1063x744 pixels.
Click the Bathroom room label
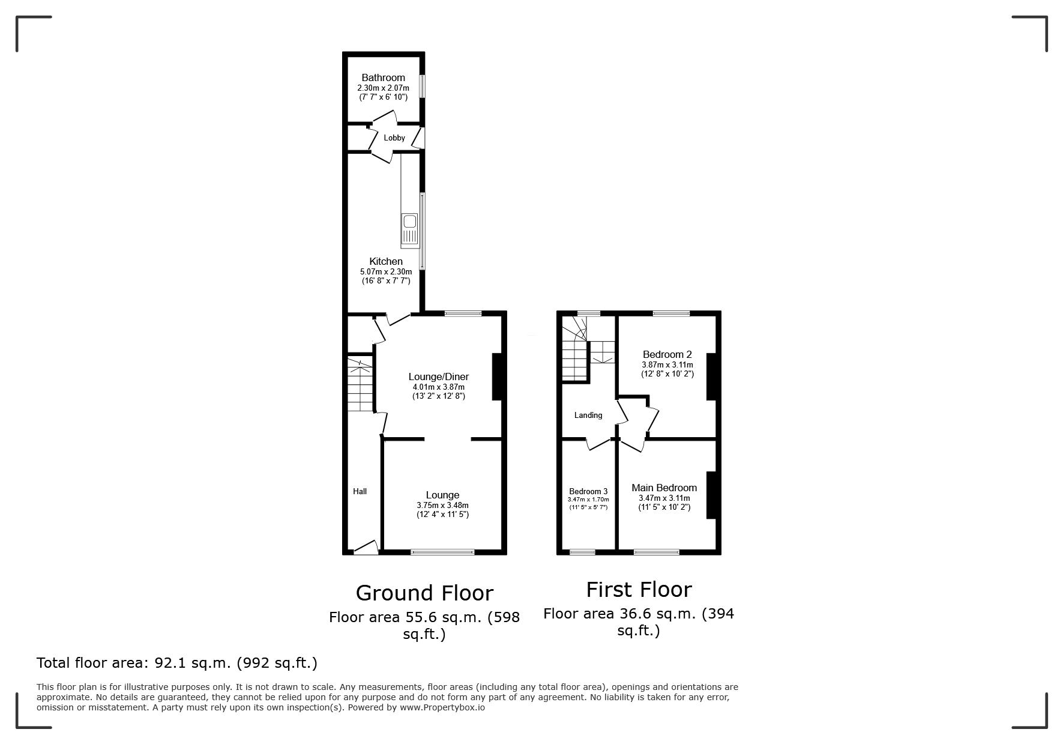[383, 77]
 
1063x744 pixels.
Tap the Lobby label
[394, 138]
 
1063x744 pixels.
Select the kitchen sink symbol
[409, 230]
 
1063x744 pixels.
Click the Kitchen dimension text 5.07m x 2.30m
[386, 271]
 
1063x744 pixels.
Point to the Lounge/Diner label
[439, 377]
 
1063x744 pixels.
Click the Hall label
[360, 491]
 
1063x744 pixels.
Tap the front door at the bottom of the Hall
[366, 547]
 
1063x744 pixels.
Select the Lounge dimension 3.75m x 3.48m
[442, 505]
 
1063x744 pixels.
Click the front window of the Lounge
[442, 551]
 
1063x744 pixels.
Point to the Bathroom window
[421, 86]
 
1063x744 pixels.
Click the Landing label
[588, 415]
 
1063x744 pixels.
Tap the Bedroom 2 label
[667, 354]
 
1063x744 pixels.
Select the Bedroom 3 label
[588, 491]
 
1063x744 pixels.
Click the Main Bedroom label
[664, 488]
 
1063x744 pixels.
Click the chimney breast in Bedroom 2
[711, 377]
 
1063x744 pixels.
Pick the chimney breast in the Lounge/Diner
[498, 377]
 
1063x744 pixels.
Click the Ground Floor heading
[424, 593]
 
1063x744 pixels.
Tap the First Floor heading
[639, 589]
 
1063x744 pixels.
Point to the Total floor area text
[177, 663]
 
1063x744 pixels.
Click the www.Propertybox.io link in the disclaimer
[442, 707]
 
